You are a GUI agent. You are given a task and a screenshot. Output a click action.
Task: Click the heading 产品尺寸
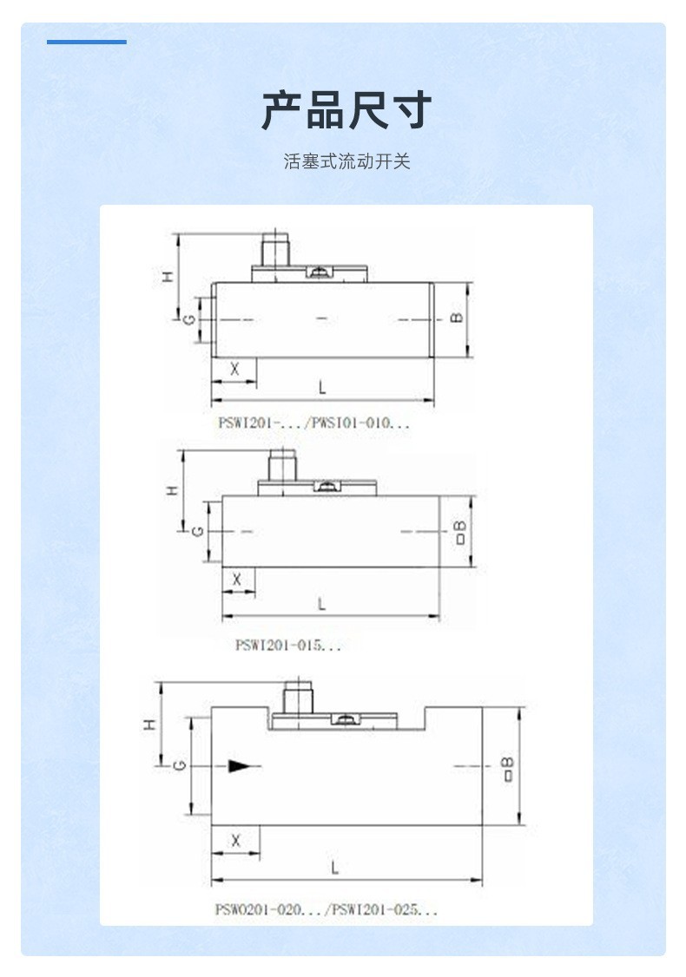pyautogui.click(x=346, y=109)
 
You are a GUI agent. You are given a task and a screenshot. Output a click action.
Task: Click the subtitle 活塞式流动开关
pyautogui.click(x=346, y=161)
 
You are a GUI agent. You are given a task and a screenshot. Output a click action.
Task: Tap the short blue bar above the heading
pyautogui.click(x=87, y=42)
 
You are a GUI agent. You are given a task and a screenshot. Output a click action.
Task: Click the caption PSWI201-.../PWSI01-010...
pyautogui.click(x=313, y=423)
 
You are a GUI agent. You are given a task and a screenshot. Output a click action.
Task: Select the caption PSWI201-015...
pyautogui.click(x=288, y=645)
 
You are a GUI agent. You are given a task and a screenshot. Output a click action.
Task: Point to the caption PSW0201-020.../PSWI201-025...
pyautogui.click(x=327, y=909)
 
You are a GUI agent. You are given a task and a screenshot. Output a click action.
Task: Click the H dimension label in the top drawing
pyautogui.click(x=168, y=277)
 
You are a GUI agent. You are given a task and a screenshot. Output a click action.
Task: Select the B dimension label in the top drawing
pyautogui.click(x=458, y=318)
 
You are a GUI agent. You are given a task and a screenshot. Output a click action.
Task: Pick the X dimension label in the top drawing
pyautogui.click(x=234, y=369)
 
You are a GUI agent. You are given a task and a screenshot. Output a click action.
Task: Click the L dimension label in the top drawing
pyautogui.click(x=322, y=386)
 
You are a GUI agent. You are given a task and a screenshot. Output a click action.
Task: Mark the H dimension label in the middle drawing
pyautogui.click(x=173, y=490)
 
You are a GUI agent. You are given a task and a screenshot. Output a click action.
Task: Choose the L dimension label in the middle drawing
pyautogui.click(x=322, y=602)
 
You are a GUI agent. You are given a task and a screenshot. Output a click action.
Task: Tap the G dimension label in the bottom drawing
pyautogui.click(x=178, y=765)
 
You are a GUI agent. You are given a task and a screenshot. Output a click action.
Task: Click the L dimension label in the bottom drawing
pyautogui.click(x=335, y=867)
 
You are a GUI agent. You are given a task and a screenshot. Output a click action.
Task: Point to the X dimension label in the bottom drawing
pyautogui.click(x=235, y=840)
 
